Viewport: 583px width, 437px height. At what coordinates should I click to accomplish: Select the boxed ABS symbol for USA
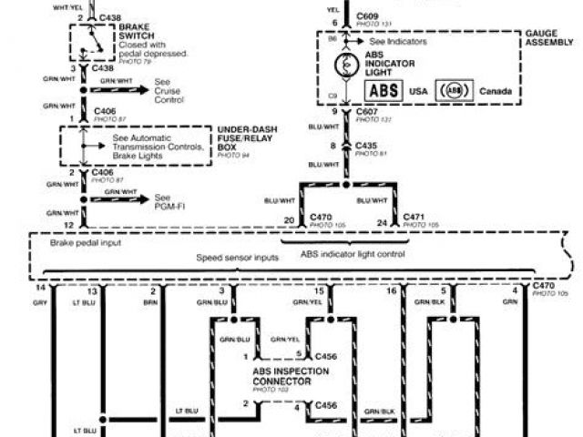click(x=384, y=92)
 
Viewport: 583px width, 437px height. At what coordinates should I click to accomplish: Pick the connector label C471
click(x=415, y=220)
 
